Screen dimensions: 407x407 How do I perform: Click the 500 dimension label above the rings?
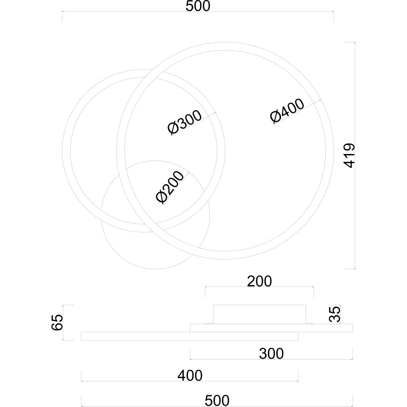(198, 7)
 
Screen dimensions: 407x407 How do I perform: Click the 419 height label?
(348, 155)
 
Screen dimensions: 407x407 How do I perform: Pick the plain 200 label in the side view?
(259, 280)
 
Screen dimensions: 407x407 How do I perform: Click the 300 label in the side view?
(271, 354)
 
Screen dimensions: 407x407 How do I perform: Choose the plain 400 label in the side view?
(190, 375)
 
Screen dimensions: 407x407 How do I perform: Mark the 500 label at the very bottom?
(217, 400)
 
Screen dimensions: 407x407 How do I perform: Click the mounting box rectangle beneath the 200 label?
(260, 314)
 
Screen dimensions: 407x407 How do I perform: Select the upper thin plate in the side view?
(271, 328)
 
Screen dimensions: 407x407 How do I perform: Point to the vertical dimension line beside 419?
(355, 155)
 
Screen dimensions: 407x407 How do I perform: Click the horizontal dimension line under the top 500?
(198, 13)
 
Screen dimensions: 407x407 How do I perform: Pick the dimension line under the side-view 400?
(190, 381)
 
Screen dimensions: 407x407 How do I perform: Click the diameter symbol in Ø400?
(275, 118)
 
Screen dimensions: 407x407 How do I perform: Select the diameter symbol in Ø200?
(161, 198)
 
